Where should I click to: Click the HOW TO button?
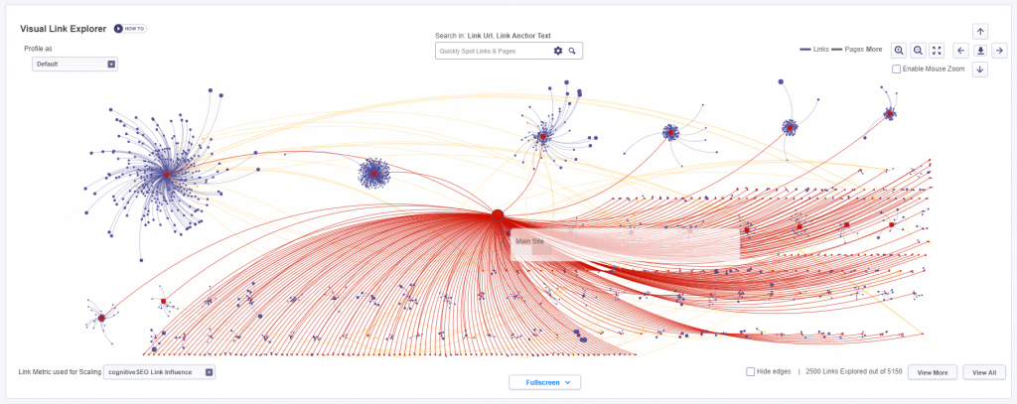[x=130, y=29]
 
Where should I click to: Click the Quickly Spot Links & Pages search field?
[x=493, y=51]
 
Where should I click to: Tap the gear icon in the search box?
[x=558, y=51]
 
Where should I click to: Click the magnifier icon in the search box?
[x=572, y=51]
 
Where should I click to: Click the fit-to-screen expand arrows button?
[x=937, y=50]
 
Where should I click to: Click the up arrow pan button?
[x=980, y=31]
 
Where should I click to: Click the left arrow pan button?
[x=960, y=50]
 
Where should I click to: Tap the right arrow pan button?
[x=999, y=50]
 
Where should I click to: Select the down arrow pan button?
[x=980, y=69]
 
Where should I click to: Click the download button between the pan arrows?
[x=980, y=50]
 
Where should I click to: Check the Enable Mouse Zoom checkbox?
[x=897, y=69]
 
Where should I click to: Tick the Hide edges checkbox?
[x=751, y=371]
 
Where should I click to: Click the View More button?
[x=933, y=372]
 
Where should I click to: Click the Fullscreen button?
[x=545, y=382]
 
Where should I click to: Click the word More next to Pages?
[x=874, y=49]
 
